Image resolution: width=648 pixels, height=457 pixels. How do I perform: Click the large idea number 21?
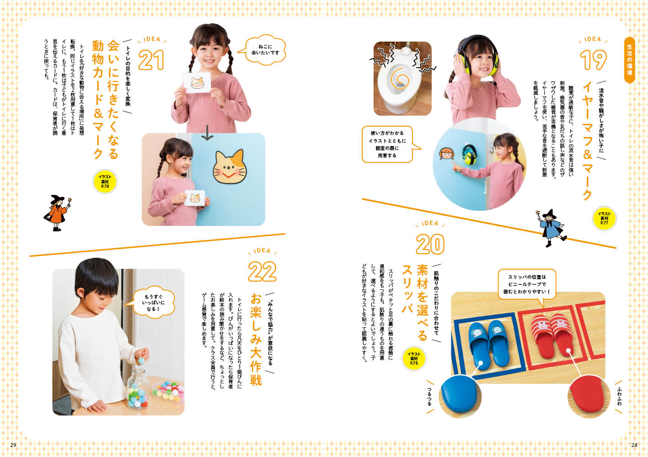tap(151, 60)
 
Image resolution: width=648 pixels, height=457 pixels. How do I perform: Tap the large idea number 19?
tap(593, 59)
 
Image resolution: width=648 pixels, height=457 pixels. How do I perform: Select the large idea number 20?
tap(430, 244)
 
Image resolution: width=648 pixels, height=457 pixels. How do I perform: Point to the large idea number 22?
tap(262, 271)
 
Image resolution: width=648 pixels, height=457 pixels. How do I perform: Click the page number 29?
tap(13, 445)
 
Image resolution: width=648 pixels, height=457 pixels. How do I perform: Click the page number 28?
tap(634, 445)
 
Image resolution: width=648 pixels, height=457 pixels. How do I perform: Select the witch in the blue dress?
tap(551, 228)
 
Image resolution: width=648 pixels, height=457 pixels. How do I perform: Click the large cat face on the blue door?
tap(230, 167)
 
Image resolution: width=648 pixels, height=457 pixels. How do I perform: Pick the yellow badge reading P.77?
tap(604, 218)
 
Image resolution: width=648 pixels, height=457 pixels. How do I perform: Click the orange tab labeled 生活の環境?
tap(630, 60)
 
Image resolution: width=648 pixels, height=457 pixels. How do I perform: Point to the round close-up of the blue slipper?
tap(460, 397)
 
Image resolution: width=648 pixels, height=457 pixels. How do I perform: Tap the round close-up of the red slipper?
tap(589, 397)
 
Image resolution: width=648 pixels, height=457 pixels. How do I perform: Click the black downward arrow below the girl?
tap(207, 133)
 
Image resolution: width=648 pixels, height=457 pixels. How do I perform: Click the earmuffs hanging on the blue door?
tap(469, 154)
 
